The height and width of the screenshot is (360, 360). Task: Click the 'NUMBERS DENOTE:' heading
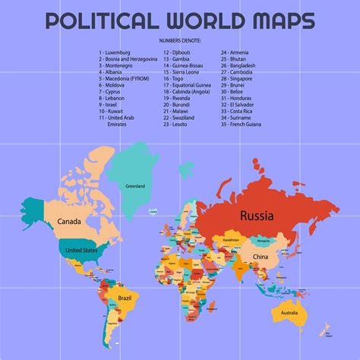click(180, 39)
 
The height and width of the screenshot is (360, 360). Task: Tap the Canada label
click(66, 222)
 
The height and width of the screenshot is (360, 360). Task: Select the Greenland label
click(135, 186)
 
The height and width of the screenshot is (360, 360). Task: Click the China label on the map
click(261, 257)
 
